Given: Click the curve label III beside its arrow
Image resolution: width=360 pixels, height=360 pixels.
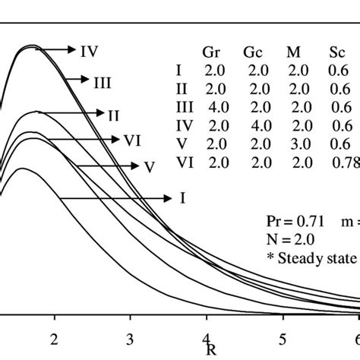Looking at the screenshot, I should pyautogui.click(x=103, y=80).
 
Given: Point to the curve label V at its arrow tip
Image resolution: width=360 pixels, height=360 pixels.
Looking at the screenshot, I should pyautogui.click(x=138, y=166).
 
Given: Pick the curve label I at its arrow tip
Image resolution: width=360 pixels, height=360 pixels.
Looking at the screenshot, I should pyautogui.click(x=182, y=197).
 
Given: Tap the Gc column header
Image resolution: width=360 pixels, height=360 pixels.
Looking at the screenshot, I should pyautogui.click(x=252, y=53).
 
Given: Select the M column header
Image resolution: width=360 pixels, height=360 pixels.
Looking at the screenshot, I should pyautogui.click(x=292, y=53).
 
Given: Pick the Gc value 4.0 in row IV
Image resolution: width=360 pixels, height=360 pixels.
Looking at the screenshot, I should pyautogui.click(x=252, y=125).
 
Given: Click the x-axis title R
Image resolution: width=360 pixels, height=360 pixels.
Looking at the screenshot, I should pyautogui.click(x=210, y=351).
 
